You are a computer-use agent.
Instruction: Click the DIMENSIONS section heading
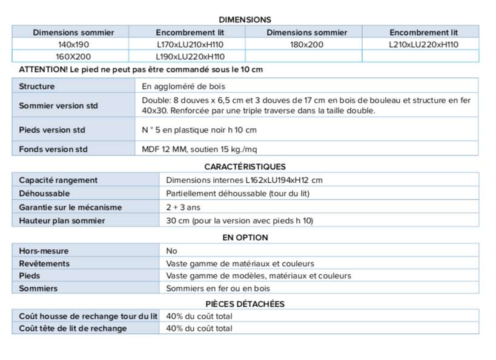pos(245,20)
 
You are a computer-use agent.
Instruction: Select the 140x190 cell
pos(73,44)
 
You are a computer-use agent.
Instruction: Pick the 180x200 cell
pos(306,44)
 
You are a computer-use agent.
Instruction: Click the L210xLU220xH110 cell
pos(423,44)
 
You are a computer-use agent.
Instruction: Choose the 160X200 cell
pos(73,56)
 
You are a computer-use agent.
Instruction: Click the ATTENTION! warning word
pos(43,70)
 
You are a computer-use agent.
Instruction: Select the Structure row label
pos(36,86)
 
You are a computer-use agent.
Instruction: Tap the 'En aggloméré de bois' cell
pos(174,86)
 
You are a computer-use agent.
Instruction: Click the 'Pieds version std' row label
pos(51,129)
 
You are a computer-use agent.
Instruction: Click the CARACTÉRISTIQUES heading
pos(245,166)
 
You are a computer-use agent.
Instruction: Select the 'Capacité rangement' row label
pos(58,180)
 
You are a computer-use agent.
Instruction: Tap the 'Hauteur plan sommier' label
pos(62,220)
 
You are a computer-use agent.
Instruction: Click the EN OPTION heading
pos(245,237)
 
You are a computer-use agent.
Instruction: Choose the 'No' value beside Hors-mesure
pos(172,250)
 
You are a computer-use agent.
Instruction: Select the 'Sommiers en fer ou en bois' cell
pos(218,288)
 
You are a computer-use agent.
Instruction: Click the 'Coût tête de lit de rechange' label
pos(73,328)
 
